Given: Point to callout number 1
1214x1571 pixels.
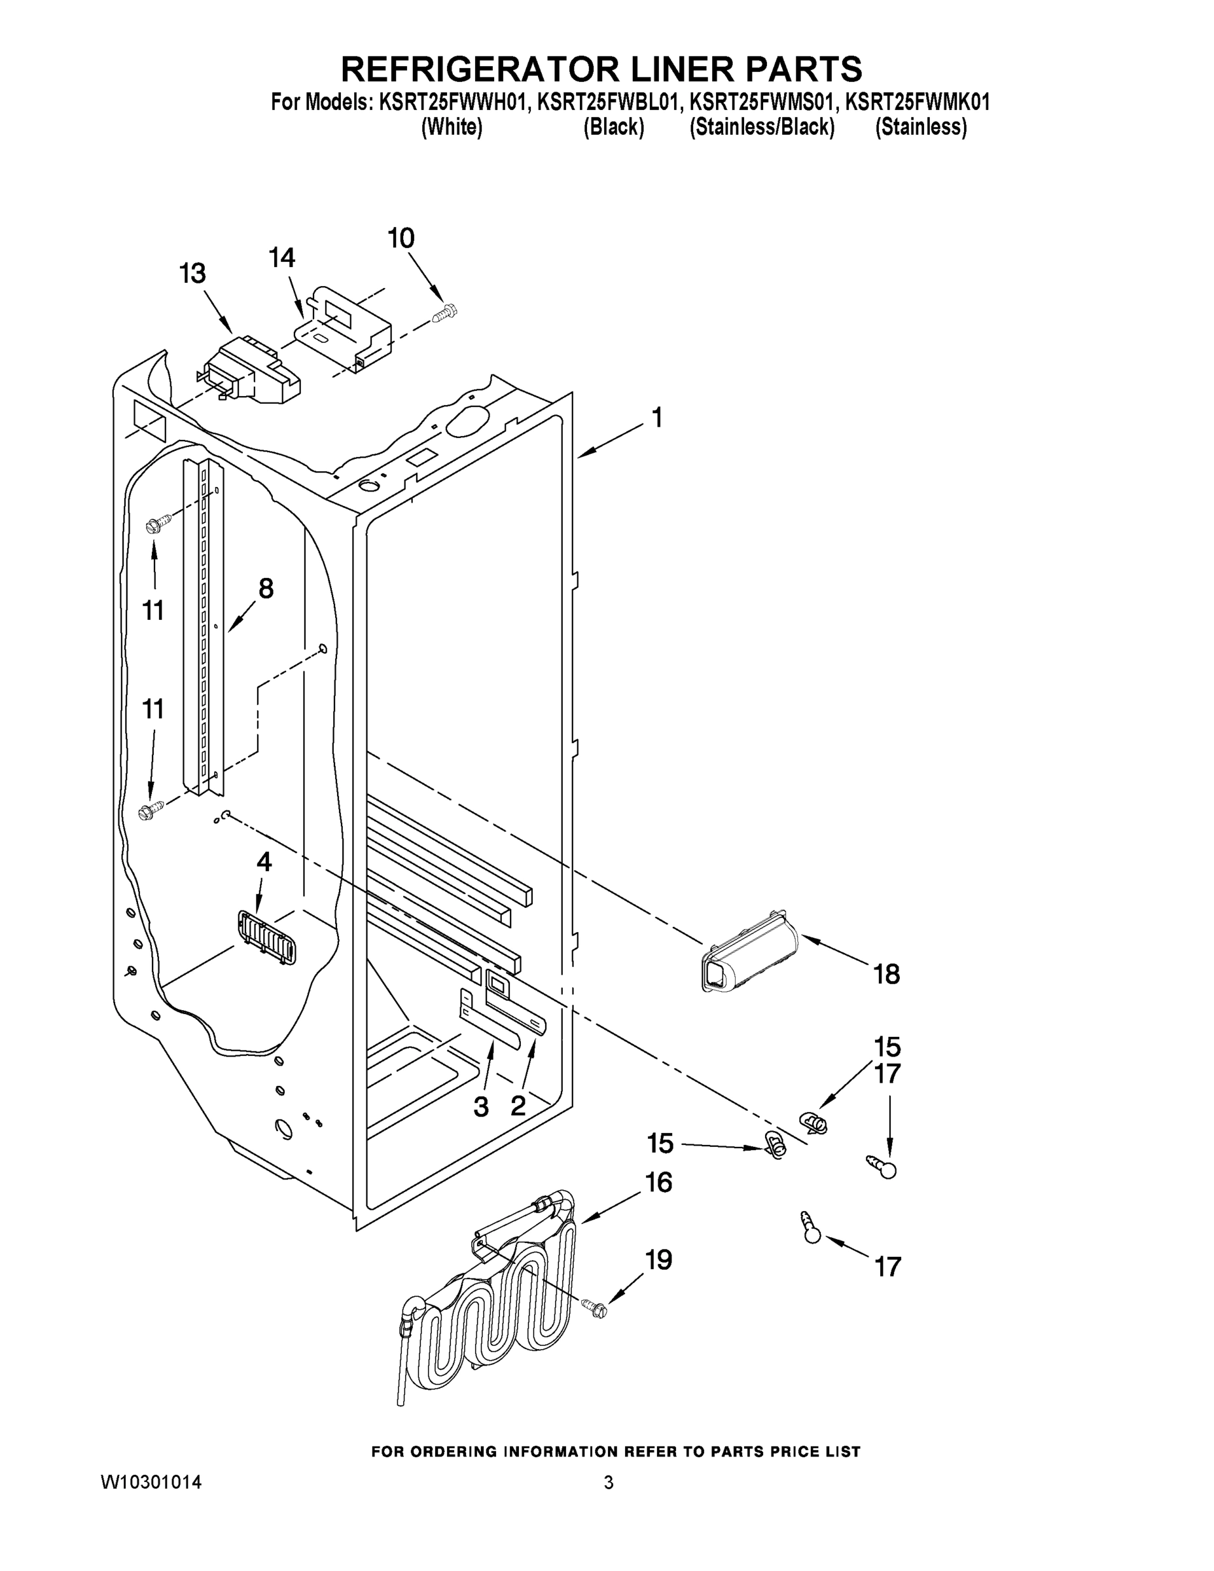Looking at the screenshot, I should [656, 417].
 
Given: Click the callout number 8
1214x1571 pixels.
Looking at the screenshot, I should [266, 588].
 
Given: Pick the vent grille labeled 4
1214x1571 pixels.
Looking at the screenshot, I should [267, 937].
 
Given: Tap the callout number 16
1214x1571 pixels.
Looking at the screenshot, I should [658, 1182].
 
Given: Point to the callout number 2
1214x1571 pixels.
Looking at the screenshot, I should [518, 1106].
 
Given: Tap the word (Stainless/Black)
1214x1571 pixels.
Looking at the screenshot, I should [762, 128].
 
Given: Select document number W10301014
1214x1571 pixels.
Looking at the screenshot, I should [151, 1481].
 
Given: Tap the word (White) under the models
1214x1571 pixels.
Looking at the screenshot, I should [451, 128].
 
